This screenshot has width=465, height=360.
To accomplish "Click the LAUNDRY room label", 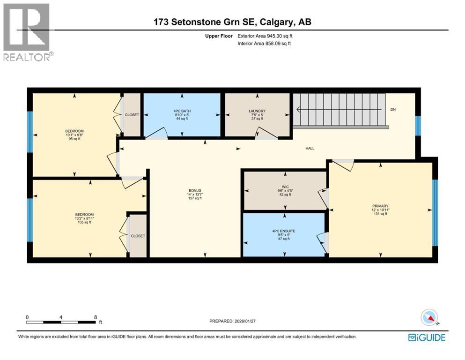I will (x=257, y=111).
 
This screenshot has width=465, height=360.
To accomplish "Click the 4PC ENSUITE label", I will (x=283, y=231).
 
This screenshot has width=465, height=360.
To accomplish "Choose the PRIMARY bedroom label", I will (x=380, y=205).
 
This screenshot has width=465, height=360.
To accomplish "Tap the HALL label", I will (x=310, y=149).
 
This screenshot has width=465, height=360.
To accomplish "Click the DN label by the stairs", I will (x=393, y=110).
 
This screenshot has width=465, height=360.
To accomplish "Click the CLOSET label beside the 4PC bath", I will (x=132, y=115).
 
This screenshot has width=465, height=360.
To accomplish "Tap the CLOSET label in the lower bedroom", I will (x=138, y=236).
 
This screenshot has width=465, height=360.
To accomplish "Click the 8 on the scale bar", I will (x=96, y=317).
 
